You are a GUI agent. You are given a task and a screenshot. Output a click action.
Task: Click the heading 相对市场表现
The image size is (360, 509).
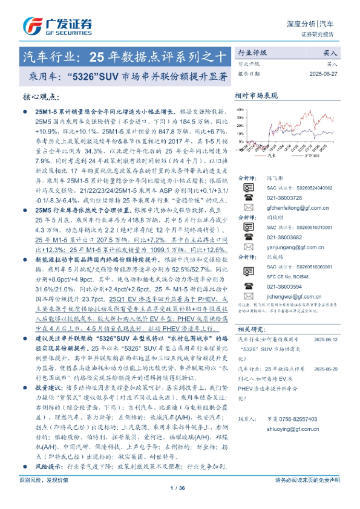tap(255, 96)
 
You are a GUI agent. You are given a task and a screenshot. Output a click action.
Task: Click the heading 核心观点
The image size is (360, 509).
tap(40, 97)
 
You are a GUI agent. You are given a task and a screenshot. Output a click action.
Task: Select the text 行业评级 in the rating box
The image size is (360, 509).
tap(252, 53)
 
